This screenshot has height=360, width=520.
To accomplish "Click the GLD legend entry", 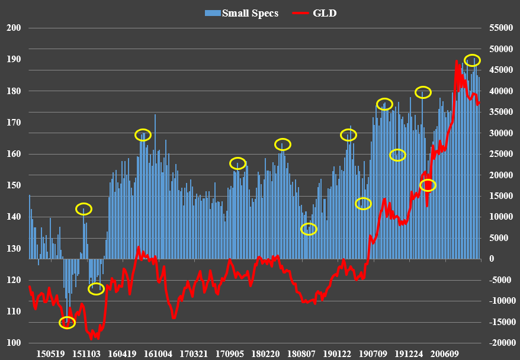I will (325, 13).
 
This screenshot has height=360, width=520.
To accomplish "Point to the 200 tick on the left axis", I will (13, 28).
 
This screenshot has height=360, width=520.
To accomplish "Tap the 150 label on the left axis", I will (13, 185).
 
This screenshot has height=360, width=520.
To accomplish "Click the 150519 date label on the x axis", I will (50, 353).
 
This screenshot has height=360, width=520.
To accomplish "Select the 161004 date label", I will (158, 353).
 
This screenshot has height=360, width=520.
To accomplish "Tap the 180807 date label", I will (301, 353).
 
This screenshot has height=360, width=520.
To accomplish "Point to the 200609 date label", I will (445, 353).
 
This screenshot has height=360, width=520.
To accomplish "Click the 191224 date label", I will (409, 353).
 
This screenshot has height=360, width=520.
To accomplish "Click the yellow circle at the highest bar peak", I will (472, 60).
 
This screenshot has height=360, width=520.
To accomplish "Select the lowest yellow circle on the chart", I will (68, 323).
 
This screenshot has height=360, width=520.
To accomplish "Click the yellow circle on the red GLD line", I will (428, 185).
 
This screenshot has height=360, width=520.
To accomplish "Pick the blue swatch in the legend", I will (213, 13).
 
